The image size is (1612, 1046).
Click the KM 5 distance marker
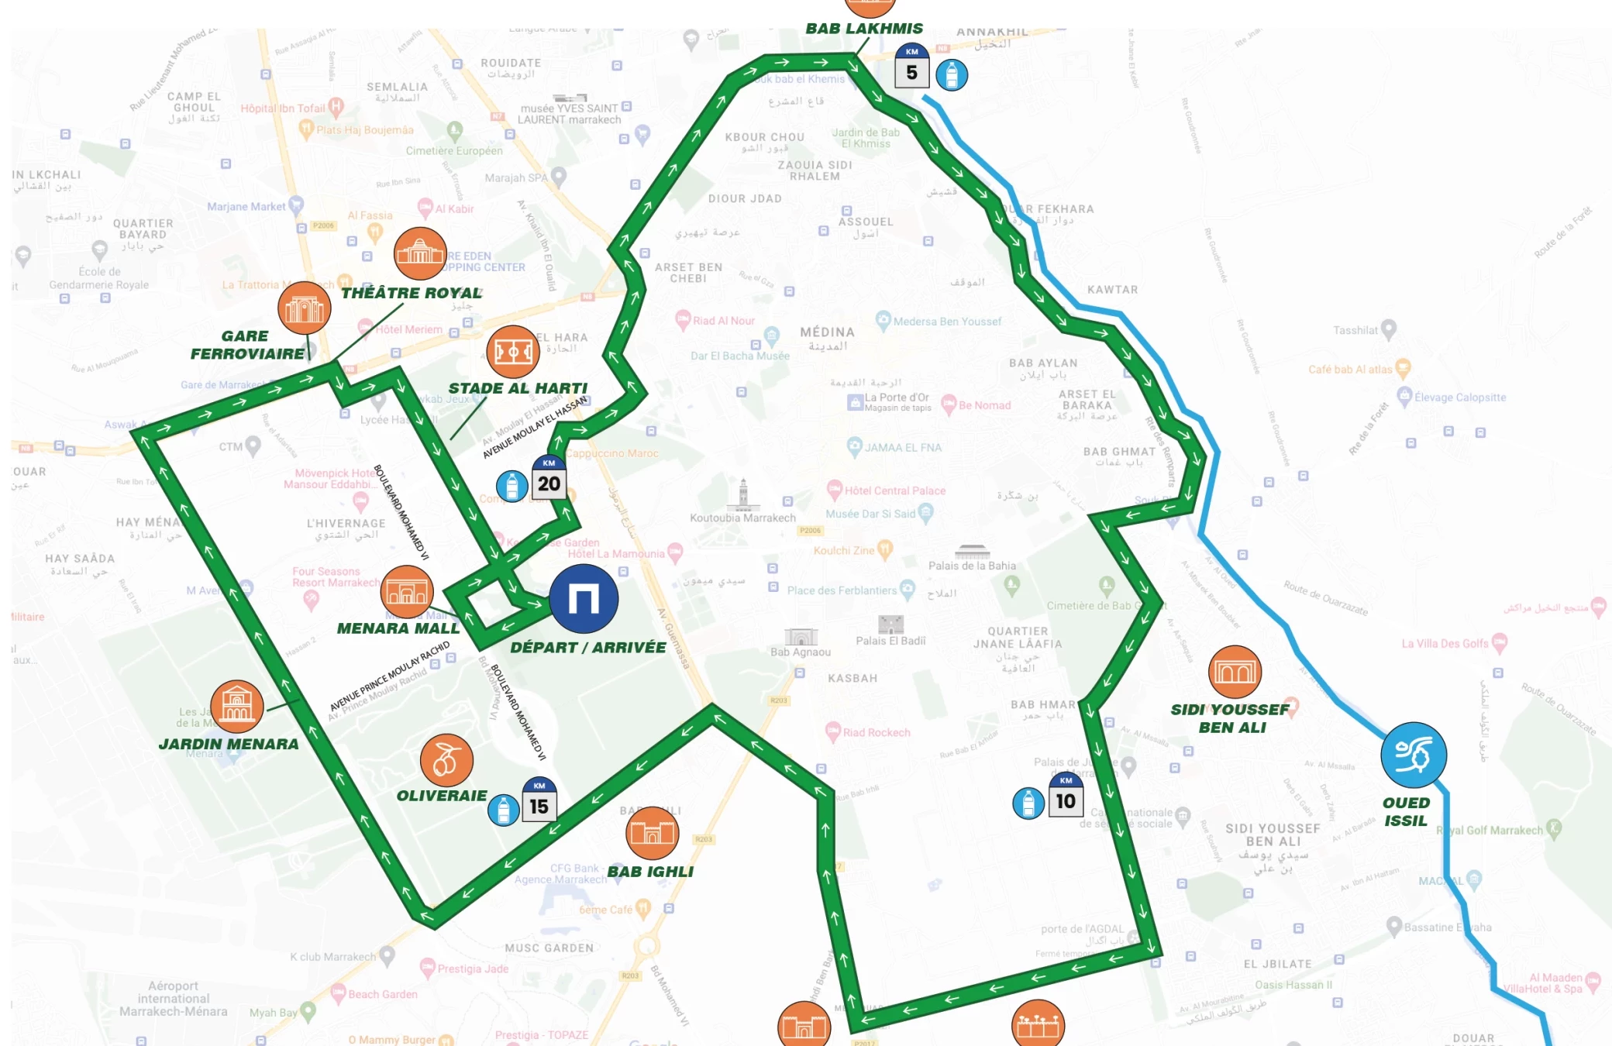point(911,66)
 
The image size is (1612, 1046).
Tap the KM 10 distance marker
point(1066,795)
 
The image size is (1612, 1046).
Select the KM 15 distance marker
point(539,800)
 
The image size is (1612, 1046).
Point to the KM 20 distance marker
point(549,478)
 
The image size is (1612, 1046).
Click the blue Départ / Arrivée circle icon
point(584,599)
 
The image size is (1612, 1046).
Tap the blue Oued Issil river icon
point(1413,755)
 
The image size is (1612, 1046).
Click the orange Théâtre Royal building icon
point(420,253)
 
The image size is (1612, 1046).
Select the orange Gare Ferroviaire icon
point(305,308)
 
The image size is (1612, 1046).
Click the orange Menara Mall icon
point(407,591)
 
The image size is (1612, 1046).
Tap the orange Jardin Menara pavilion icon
point(237,706)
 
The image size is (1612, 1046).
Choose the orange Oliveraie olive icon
point(446,760)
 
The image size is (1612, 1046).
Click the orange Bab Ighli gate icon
point(652,833)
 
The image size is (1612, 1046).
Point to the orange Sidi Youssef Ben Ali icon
point(1235,671)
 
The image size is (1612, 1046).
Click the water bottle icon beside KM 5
point(951,75)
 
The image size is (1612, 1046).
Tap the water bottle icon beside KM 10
point(1028,803)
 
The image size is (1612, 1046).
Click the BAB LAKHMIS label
point(864,29)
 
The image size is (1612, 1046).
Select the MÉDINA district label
point(827,332)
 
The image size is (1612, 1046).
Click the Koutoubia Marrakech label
point(742,518)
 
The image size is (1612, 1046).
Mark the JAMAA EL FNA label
point(903,448)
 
